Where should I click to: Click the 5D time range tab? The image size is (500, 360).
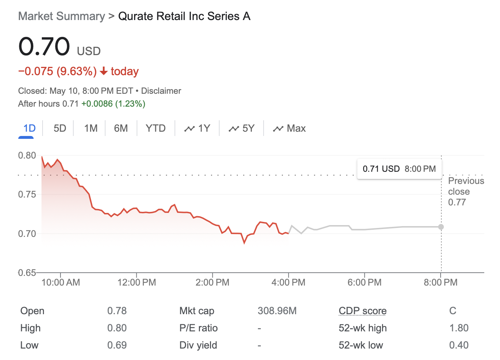point(60,128)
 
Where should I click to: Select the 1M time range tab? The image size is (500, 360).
point(91,128)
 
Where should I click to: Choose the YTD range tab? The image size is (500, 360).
point(156,128)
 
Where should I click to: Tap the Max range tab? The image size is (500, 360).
point(289,128)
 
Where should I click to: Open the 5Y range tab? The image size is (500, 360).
point(242,128)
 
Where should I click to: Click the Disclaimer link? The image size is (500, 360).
point(161,91)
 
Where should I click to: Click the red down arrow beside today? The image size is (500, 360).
point(104,72)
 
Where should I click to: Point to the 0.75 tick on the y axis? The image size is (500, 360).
point(27,194)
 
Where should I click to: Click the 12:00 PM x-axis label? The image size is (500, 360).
point(137,282)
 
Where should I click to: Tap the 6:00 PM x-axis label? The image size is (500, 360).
point(364,282)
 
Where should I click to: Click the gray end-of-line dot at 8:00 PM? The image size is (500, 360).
point(441,227)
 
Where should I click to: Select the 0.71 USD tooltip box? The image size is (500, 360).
point(399,169)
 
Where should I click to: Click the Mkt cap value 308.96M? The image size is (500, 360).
point(277,311)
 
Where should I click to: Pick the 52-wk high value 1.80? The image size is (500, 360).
point(459,328)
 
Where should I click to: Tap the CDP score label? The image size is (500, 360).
point(363,311)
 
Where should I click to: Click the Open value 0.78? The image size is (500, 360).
point(117,311)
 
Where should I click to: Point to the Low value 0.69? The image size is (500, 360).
point(117,345)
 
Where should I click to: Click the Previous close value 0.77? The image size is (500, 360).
point(457,202)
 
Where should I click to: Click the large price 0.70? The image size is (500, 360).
point(44,47)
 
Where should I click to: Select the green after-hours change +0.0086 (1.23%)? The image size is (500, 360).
point(113,104)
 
